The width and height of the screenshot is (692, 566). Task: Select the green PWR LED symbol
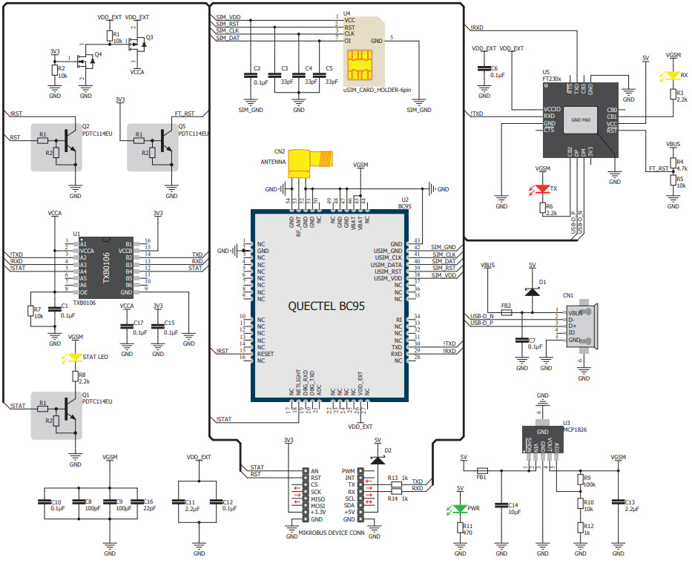(460, 510)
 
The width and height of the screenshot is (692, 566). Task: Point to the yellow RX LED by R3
(673, 75)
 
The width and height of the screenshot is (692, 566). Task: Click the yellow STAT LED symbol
(75, 358)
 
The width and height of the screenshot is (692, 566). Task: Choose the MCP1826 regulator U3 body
(542, 438)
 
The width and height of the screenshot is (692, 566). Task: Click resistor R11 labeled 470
(460, 529)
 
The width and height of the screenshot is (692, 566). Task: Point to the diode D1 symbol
(532, 290)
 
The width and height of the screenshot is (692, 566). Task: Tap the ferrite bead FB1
(481, 470)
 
